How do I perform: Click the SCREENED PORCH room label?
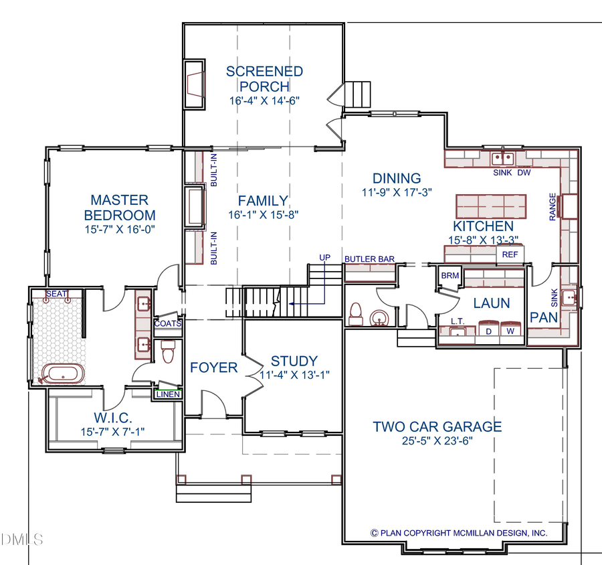(x=264, y=78)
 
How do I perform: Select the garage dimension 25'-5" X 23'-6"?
(x=437, y=442)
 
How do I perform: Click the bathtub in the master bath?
(x=63, y=374)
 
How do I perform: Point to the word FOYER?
(x=214, y=368)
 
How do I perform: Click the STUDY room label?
(x=294, y=361)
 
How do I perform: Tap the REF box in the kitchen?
(x=510, y=254)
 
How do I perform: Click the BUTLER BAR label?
(x=369, y=258)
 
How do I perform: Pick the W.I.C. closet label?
(x=112, y=418)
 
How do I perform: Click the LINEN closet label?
(x=168, y=394)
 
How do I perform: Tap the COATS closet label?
(x=167, y=323)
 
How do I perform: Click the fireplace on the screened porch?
(x=195, y=83)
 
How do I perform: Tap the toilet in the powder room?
(x=357, y=313)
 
